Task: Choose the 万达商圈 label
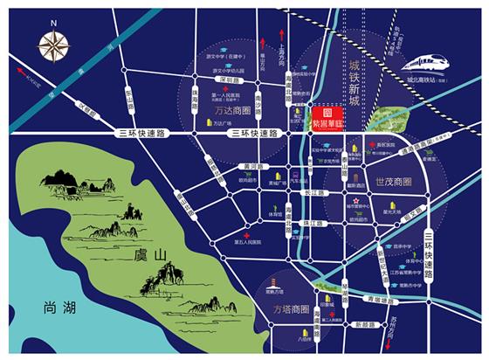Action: [x=233, y=111]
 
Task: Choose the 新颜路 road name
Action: [x=360, y=325]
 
